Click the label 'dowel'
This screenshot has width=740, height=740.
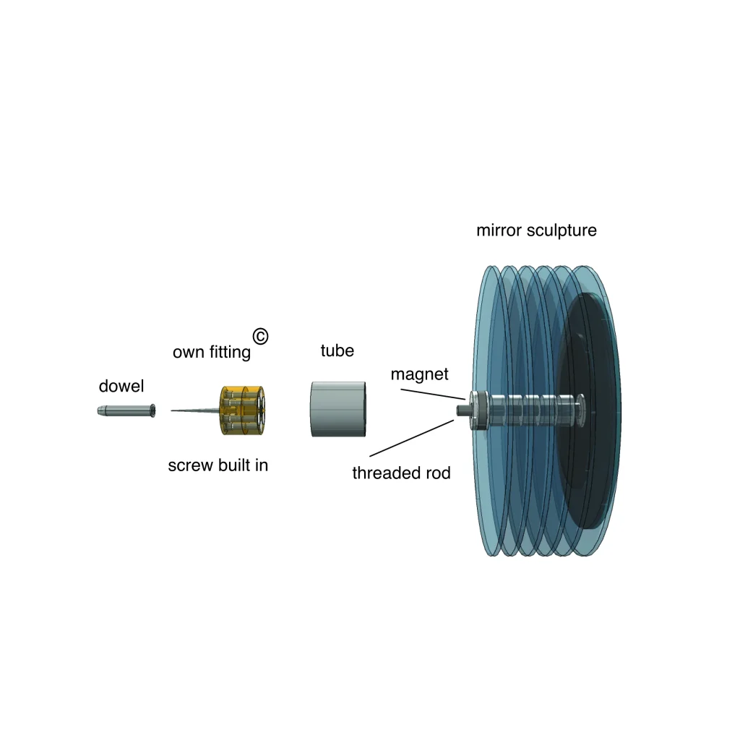click(x=121, y=386)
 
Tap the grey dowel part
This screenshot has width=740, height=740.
click(x=126, y=410)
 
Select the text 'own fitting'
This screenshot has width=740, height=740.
click(x=212, y=352)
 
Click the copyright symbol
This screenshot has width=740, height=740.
click(x=260, y=337)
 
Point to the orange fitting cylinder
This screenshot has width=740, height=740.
click(x=242, y=410)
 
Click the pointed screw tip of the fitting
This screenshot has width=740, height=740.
click(x=172, y=410)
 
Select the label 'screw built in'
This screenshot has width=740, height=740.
click(x=218, y=465)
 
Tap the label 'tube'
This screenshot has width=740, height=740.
click(x=337, y=350)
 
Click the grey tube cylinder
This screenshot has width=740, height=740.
click(x=338, y=409)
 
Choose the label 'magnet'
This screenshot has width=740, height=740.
click(x=420, y=374)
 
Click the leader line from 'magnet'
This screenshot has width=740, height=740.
click(x=434, y=395)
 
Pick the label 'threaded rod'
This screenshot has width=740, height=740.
click(x=401, y=473)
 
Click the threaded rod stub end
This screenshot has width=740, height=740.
click(x=460, y=410)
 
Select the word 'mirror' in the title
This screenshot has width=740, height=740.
click(x=499, y=231)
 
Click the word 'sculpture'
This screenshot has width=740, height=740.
click(x=562, y=231)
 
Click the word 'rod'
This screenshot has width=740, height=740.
click(x=436, y=473)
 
